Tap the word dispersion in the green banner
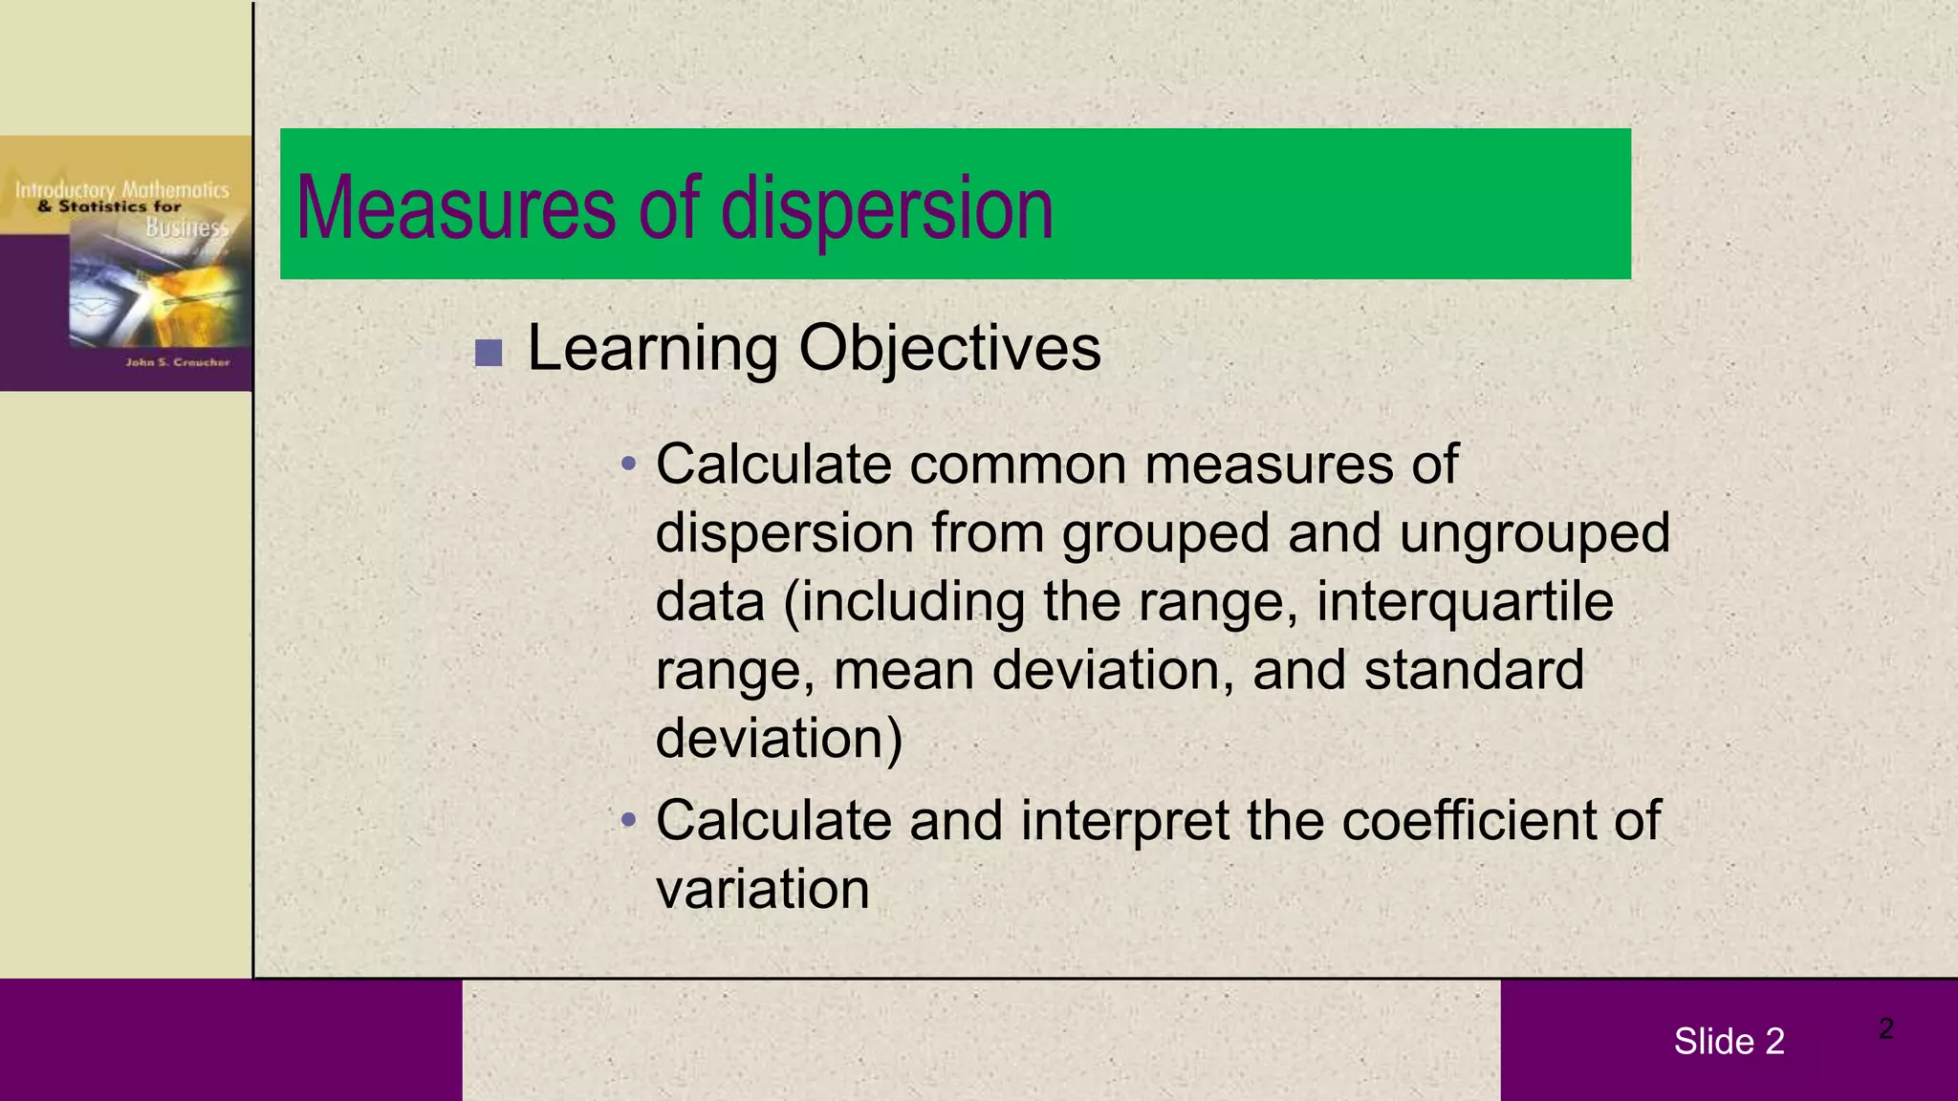(886, 209)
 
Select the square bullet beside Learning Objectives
(489, 353)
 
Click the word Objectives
(949, 348)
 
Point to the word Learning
(652, 348)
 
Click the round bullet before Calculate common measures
(628, 465)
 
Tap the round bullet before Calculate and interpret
(628, 820)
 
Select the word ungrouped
(1534, 532)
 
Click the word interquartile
(1465, 601)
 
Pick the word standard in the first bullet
(1473, 669)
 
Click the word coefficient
(1468, 820)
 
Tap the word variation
(762, 889)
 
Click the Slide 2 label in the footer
(1729, 1041)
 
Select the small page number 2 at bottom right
(1885, 1028)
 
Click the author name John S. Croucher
(178, 362)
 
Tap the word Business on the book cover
(187, 227)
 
